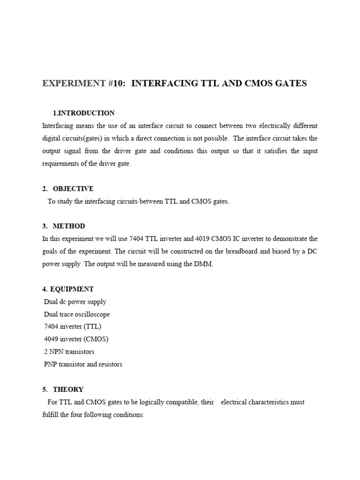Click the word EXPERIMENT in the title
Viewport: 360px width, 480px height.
click(74, 83)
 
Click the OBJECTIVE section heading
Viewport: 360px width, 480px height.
click(73, 188)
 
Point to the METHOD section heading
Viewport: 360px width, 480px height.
click(69, 226)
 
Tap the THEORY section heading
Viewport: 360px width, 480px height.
click(68, 389)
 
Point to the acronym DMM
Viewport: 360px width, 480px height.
click(204, 264)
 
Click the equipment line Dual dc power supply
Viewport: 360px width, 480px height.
click(75, 302)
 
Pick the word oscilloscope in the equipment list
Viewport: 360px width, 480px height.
click(94, 314)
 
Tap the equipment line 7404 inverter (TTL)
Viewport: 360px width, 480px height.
click(73, 327)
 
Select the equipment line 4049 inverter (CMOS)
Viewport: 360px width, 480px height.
click(76, 339)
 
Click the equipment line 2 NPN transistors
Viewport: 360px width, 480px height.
click(69, 352)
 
